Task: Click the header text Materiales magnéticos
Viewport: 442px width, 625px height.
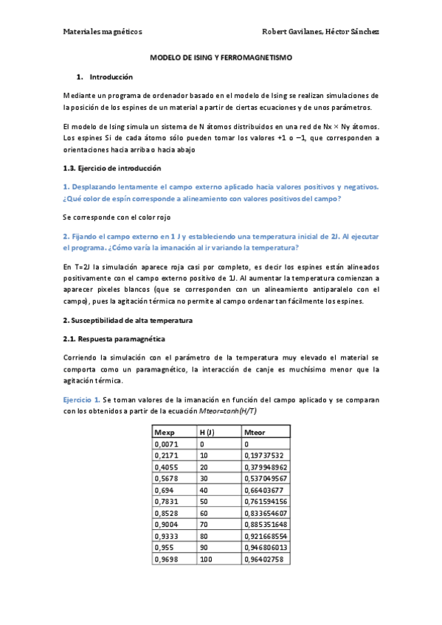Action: (x=103, y=32)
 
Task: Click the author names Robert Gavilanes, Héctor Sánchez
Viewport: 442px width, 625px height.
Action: (x=321, y=32)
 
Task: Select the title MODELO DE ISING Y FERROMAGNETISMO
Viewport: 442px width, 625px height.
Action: (x=221, y=57)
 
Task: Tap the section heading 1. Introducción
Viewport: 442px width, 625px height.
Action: (x=105, y=77)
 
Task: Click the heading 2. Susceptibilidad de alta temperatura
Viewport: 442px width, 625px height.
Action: (x=128, y=321)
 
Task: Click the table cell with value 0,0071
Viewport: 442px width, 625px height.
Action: (x=167, y=444)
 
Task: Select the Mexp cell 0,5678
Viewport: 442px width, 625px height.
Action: (x=167, y=480)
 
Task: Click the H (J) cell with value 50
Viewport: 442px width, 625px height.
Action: (x=204, y=503)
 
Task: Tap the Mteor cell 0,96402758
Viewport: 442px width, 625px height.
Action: (x=263, y=562)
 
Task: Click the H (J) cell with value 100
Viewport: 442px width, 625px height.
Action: (x=207, y=562)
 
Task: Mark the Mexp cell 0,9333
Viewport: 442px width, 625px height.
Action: (x=167, y=539)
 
